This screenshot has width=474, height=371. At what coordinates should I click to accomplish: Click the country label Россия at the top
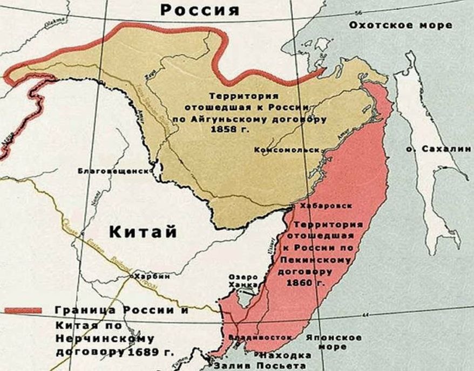point(200,10)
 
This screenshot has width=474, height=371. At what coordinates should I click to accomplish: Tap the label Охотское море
point(400,25)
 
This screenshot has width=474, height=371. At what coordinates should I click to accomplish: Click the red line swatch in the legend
point(23,311)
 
